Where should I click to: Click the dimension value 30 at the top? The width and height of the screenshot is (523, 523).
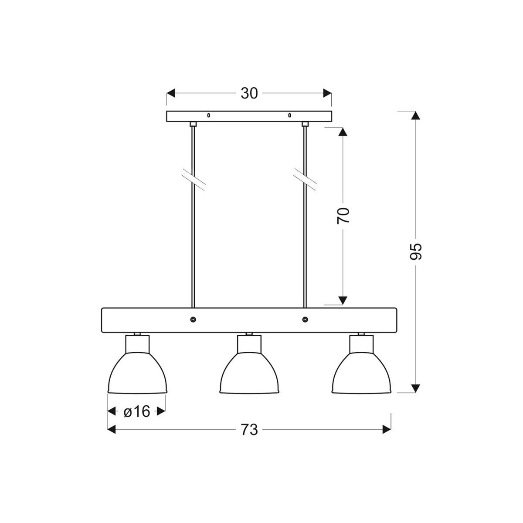[x=249, y=93]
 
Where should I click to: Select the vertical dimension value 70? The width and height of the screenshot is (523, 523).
[x=343, y=215]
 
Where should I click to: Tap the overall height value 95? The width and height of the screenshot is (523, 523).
[x=416, y=251]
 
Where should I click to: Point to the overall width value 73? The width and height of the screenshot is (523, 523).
[x=249, y=430]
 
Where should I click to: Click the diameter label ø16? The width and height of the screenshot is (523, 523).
[x=136, y=411]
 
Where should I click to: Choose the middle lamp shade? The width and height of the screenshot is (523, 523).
[x=249, y=375]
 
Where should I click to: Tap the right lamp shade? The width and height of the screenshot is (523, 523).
[x=362, y=375]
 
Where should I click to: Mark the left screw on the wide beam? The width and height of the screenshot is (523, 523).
[x=193, y=320]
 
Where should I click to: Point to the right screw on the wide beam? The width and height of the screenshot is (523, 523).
[x=305, y=320]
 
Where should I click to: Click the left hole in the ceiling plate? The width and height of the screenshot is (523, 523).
[x=208, y=115]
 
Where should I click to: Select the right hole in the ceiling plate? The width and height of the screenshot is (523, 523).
[x=289, y=115]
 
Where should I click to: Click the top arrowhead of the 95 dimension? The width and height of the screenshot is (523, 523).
[x=416, y=115]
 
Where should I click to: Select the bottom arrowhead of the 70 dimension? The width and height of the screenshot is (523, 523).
[x=343, y=300]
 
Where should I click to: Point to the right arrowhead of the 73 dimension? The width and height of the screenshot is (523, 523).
[x=387, y=430]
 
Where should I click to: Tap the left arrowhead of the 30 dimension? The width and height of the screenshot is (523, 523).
[x=171, y=93]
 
